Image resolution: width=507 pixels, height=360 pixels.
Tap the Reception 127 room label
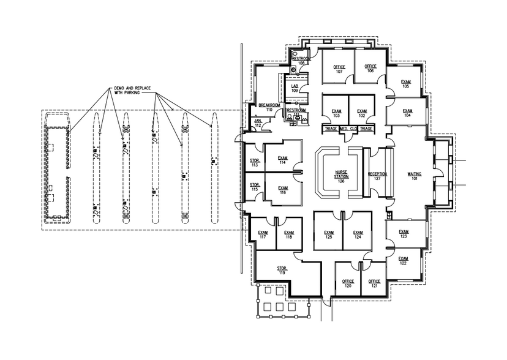pyautogui.click(x=377, y=176)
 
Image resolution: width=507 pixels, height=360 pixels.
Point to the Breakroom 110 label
pyautogui.click(x=269, y=107)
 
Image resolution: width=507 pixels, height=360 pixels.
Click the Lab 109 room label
pyautogui.click(x=295, y=88)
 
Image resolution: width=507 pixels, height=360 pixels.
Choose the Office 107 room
pyautogui.click(x=339, y=69)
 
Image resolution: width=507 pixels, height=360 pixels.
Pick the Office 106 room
pyautogui.click(x=370, y=69)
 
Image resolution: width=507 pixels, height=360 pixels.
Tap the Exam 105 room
pyautogui.click(x=405, y=83)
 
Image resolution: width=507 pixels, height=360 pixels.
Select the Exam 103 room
pyautogui.click(x=336, y=113)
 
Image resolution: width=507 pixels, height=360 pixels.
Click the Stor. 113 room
pyautogui.click(x=254, y=163)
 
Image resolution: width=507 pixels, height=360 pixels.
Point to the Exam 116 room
pyautogui.click(x=282, y=190)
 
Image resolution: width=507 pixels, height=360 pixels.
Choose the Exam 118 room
pyautogui.click(x=288, y=235)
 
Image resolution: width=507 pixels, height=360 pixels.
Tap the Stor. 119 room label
pyautogui.click(x=282, y=270)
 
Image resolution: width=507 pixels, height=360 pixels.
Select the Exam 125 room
pyautogui.click(x=329, y=234)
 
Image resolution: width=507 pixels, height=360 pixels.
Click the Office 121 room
pyautogui.click(x=374, y=283)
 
